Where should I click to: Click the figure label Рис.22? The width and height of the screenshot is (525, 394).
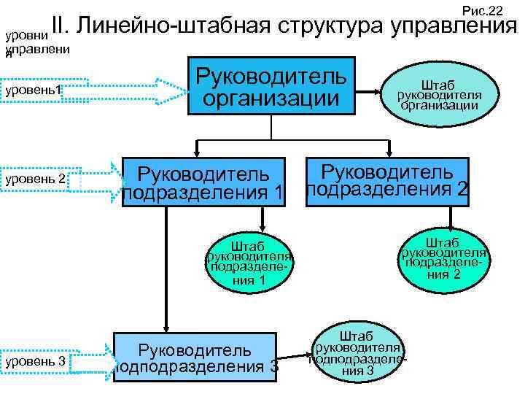pos(483,9)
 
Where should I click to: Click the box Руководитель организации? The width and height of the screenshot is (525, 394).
pos(271,85)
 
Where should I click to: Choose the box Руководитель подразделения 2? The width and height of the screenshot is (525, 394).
pos(387,180)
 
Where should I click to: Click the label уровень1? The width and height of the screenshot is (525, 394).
pos(33,90)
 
